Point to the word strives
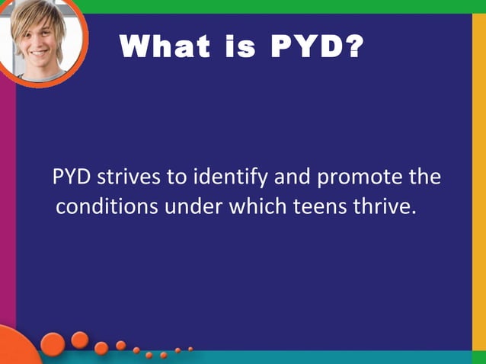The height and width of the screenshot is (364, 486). point(129,178)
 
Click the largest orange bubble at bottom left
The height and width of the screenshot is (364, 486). point(53,344)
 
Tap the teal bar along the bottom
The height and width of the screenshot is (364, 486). point(305,357)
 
